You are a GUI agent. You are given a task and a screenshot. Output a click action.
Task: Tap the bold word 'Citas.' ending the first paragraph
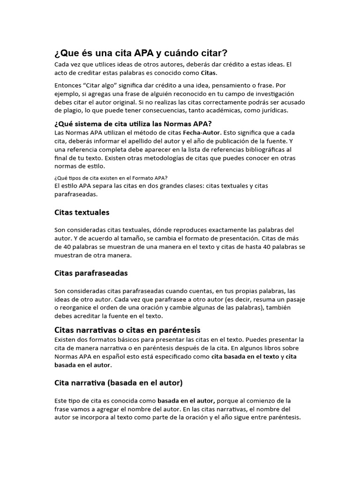[210, 73]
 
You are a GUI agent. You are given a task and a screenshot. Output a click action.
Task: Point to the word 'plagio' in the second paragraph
[74, 111]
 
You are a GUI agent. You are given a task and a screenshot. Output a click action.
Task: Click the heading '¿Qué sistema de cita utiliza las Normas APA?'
[133, 124]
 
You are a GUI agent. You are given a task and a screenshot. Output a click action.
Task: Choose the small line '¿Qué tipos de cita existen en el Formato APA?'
[111, 177]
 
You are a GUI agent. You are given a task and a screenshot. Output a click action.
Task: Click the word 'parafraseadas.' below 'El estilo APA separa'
[76, 194]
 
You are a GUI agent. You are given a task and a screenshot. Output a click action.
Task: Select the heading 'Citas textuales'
[82, 212]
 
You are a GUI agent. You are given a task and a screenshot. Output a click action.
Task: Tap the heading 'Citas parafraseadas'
[91, 273]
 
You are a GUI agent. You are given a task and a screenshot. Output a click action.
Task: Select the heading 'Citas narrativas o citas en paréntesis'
[127, 330]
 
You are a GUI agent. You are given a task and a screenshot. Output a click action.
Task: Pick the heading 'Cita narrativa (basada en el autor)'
[119, 383]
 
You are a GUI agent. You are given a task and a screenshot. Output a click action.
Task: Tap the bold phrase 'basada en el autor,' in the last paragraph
[186, 401]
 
